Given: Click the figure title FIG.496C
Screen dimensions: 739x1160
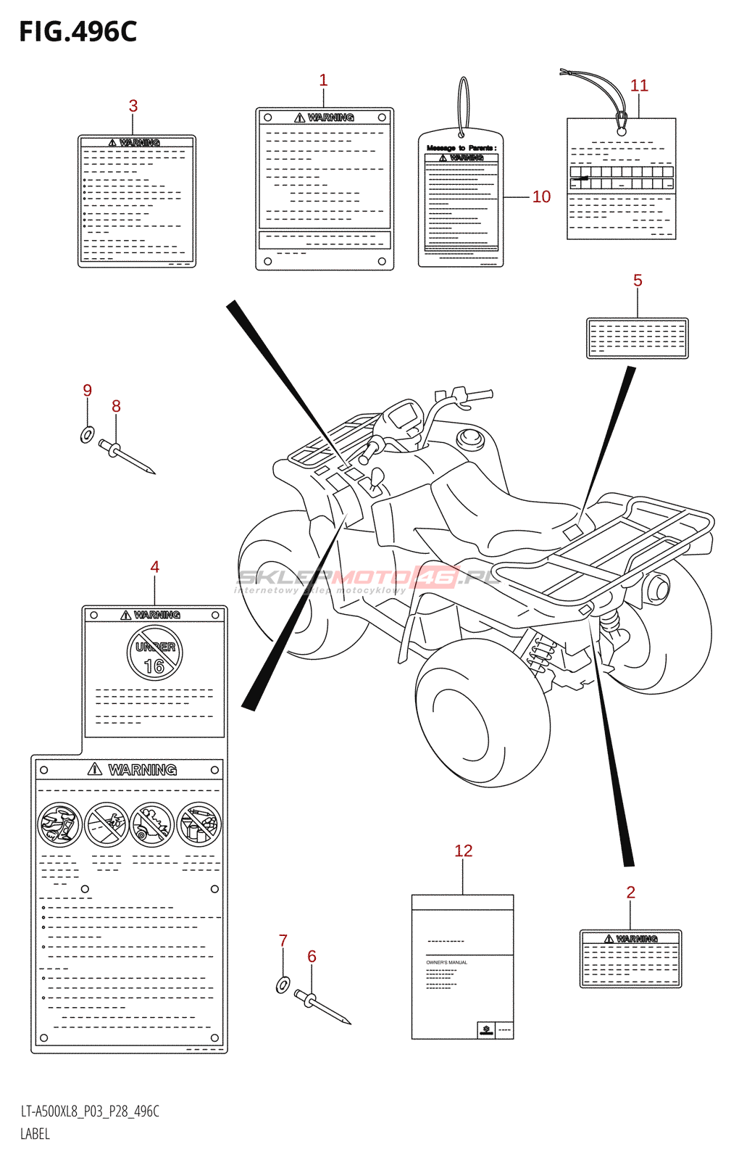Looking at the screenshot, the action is click(78, 32).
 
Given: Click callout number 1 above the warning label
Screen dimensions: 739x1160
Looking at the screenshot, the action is click(323, 80).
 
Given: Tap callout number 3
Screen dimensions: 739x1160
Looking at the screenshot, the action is click(133, 106).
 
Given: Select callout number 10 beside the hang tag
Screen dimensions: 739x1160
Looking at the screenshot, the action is click(541, 197).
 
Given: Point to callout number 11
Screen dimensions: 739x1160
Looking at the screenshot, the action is click(639, 86).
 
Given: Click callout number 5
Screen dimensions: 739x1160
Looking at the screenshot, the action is click(638, 281).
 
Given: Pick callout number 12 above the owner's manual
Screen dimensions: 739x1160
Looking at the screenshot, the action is click(463, 851).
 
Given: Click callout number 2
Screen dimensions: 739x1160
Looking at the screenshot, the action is click(630, 892).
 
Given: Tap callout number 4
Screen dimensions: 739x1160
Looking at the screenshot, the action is click(154, 568).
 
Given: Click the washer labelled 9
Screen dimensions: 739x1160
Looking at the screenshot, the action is click(87, 435).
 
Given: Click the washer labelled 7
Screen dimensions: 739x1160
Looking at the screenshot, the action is click(283, 985).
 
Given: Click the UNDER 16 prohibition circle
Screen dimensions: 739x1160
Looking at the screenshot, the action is click(155, 654).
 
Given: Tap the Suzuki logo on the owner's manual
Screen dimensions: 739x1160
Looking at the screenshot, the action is click(486, 1029).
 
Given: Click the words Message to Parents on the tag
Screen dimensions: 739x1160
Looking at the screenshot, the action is click(461, 148).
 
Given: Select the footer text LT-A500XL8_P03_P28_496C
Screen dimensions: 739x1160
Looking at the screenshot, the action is click(90, 1111).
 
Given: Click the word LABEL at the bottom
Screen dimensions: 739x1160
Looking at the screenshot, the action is click(35, 1134).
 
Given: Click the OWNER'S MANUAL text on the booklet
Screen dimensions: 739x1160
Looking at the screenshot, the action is click(446, 963).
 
